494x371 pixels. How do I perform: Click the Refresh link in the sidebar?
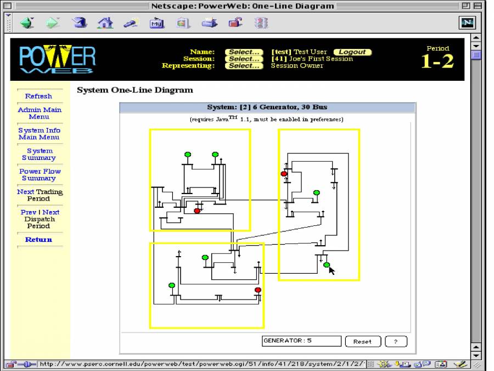[x=38, y=96]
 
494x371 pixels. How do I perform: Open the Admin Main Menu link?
[x=39, y=113]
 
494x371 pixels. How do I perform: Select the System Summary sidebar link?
[x=39, y=154]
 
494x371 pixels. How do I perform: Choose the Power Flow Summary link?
[x=40, y=175]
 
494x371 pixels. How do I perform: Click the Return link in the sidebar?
[x=38, y=240]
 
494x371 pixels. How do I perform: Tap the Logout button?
[x=352, y=52]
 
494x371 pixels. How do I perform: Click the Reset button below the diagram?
[x=362, y=341]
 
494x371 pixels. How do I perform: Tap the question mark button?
[x=396, y=341]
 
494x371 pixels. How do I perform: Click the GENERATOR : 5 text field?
[x=301, y=341]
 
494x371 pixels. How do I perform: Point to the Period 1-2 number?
[x=437, y=61]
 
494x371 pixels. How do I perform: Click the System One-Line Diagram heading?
[x=135, y=90]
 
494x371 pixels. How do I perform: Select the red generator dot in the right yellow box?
[x=284, y=174]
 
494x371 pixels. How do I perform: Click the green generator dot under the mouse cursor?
[x=327, y=265]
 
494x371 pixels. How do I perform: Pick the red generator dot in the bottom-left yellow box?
[x=258, y=290]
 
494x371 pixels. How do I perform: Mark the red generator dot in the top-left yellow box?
[x=197, y=211]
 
